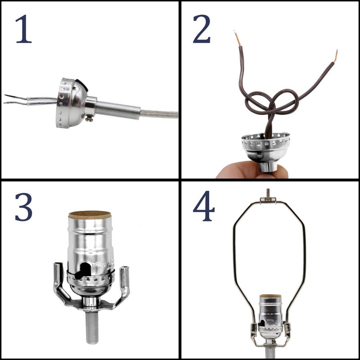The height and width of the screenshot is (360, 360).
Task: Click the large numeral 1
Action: [x=23, y=29]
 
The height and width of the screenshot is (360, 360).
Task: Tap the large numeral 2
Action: [x=202, y=29]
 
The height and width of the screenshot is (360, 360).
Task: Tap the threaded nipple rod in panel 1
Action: [x=118, y=110]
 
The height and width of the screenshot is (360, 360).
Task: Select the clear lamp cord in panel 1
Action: [x=160, y=114]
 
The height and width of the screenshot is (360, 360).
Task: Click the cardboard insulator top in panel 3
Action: [x=90, y=215]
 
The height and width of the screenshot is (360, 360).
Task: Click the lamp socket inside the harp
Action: [x=270, y=315]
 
